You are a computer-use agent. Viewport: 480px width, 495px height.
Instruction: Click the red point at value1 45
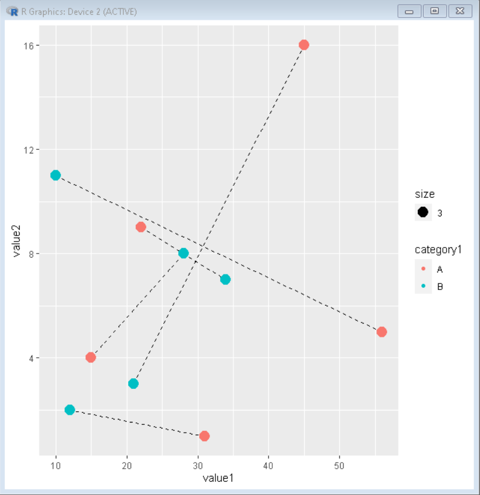point(303,45)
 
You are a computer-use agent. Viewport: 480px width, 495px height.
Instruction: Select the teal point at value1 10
point(56,175)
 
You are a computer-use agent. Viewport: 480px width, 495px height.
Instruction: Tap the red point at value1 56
point(382,332)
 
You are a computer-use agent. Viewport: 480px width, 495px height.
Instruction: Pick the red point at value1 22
point(141,227)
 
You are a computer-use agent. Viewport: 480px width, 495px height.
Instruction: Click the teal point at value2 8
point(183,253)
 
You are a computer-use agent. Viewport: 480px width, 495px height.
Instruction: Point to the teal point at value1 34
point(225,279)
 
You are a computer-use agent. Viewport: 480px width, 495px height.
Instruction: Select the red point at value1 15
point(91,357)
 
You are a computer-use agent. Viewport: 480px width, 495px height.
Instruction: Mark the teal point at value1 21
point(133,384)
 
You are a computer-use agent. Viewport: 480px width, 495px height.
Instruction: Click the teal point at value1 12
point(69,410)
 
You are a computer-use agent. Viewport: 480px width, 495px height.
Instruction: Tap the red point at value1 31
point(204,436)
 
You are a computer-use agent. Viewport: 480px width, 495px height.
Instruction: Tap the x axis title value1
point(218,478)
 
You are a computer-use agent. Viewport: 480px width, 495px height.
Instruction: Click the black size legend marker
point(423,212)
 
